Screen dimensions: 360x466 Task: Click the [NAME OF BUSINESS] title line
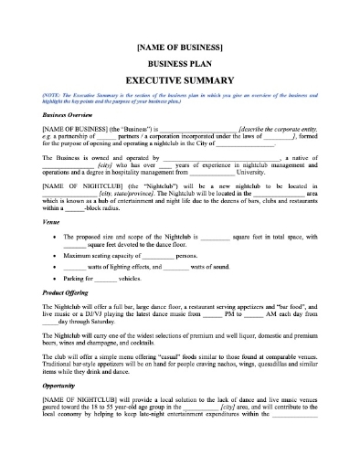point(179,44)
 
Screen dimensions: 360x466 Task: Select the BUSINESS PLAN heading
point(179,62)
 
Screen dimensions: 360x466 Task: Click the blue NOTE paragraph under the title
point(179,99)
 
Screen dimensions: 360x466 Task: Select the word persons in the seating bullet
point(187,256)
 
